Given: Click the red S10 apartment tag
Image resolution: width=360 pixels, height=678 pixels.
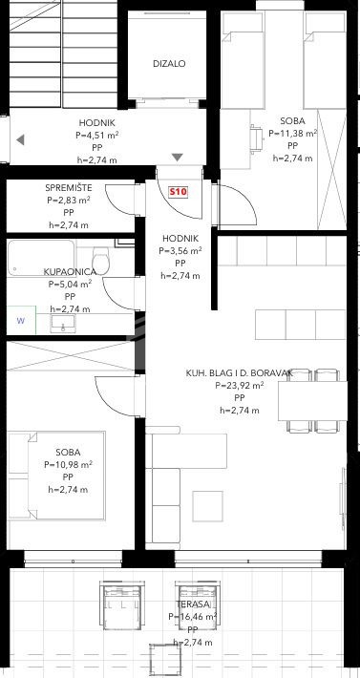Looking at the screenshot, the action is click(x=178, y=192).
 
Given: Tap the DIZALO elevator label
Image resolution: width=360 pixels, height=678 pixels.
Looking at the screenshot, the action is click(x=169, y=64).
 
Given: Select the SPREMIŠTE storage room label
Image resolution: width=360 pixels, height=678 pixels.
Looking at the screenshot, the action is click(x=69, y=188).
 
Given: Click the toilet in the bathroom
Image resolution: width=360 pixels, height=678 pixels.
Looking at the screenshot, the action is click(x=100, y=261).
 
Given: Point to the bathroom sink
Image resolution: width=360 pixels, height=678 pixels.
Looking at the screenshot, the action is click(x=63, y=324).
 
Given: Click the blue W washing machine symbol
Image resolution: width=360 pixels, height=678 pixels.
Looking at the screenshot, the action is click(x=21, y=321).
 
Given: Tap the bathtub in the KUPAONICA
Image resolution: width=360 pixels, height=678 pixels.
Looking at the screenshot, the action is click(x=41, y=258).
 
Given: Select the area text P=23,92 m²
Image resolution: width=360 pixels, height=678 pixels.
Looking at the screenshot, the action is click(x=240, y=385).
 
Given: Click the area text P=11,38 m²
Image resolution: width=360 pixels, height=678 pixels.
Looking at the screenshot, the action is click(x=293, y=133).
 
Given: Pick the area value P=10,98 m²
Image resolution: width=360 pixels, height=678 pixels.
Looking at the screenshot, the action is click(x=69, y=465).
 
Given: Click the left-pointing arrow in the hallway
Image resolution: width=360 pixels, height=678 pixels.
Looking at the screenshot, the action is click(x=20, y=139).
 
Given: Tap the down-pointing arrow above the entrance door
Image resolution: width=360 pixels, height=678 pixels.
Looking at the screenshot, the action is click(x=178, y=158).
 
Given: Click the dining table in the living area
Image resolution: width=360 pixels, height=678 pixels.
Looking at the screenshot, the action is click(x=312, y=401).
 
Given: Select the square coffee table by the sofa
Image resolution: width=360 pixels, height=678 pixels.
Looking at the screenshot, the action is click(x=208, y=506).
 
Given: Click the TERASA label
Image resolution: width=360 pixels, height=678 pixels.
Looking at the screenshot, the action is click(x=193, y=604).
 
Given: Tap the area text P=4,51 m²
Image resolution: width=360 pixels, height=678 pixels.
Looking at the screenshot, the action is click(x=97, y=135).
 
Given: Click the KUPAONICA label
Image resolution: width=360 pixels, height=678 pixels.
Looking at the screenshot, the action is click(x=69, y=271).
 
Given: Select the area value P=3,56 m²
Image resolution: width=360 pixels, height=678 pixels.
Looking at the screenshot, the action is click(x=180, y=250).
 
